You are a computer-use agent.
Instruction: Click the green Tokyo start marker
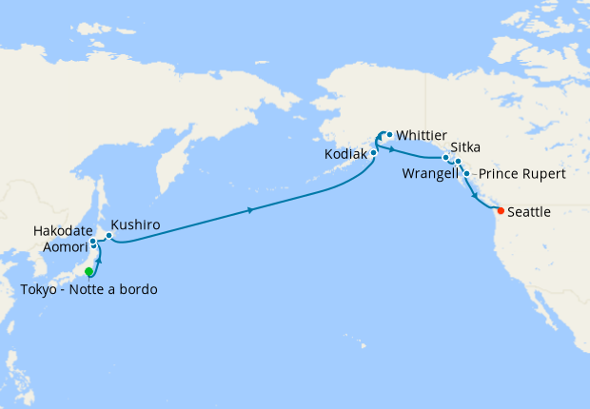(x=88, y=272)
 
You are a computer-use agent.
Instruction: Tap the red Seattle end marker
(x=501, y=210)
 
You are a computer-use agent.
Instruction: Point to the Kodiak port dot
(x=374, y=152)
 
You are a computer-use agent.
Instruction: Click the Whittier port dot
(x=389, y=134)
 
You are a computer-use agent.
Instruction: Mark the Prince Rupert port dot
(x=466, y=174)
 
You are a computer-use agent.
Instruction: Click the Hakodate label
(x=63, y=231)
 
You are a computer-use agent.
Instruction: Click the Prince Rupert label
(x=521, y=175)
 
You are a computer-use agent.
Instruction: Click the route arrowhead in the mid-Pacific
(x=250, y=209)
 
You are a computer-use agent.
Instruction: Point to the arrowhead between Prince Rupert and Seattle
(x=475, y=192)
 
